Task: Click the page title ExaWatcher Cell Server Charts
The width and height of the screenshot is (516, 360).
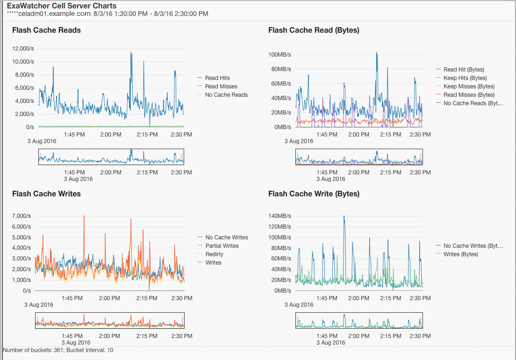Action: tap(61, 6)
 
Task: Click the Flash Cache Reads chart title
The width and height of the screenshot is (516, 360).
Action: tap(46, 30)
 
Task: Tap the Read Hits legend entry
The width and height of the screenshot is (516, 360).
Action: tap(217, 78)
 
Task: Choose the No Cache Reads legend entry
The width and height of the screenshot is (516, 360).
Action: tap(226, 95)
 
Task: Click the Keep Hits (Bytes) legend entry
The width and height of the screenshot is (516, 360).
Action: tap(465, 78)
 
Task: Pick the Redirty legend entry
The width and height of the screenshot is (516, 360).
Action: tap(215, 254)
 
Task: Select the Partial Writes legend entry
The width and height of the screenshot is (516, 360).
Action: tap(222, 246)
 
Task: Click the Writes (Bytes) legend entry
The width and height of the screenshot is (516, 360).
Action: tap(461, 254)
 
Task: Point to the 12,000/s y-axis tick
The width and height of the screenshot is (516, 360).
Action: tap(23, 49)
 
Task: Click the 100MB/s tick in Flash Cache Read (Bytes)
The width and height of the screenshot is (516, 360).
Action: tap(279, 55)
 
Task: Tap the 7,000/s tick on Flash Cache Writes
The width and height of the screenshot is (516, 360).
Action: tap(21, 216)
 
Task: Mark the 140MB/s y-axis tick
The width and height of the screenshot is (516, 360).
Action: tap(279, 216)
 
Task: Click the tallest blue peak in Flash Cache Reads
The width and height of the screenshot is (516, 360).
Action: tap(131, 53)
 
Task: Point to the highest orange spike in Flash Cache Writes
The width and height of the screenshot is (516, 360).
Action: tap(84, 216)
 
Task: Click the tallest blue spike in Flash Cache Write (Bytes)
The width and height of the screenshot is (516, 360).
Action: tap(344, 216)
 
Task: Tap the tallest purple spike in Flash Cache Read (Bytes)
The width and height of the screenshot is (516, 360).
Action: tap(344, 84)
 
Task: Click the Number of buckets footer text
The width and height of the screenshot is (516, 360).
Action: tap(58, 350)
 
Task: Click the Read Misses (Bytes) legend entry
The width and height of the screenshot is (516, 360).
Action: tap(469, 95)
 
